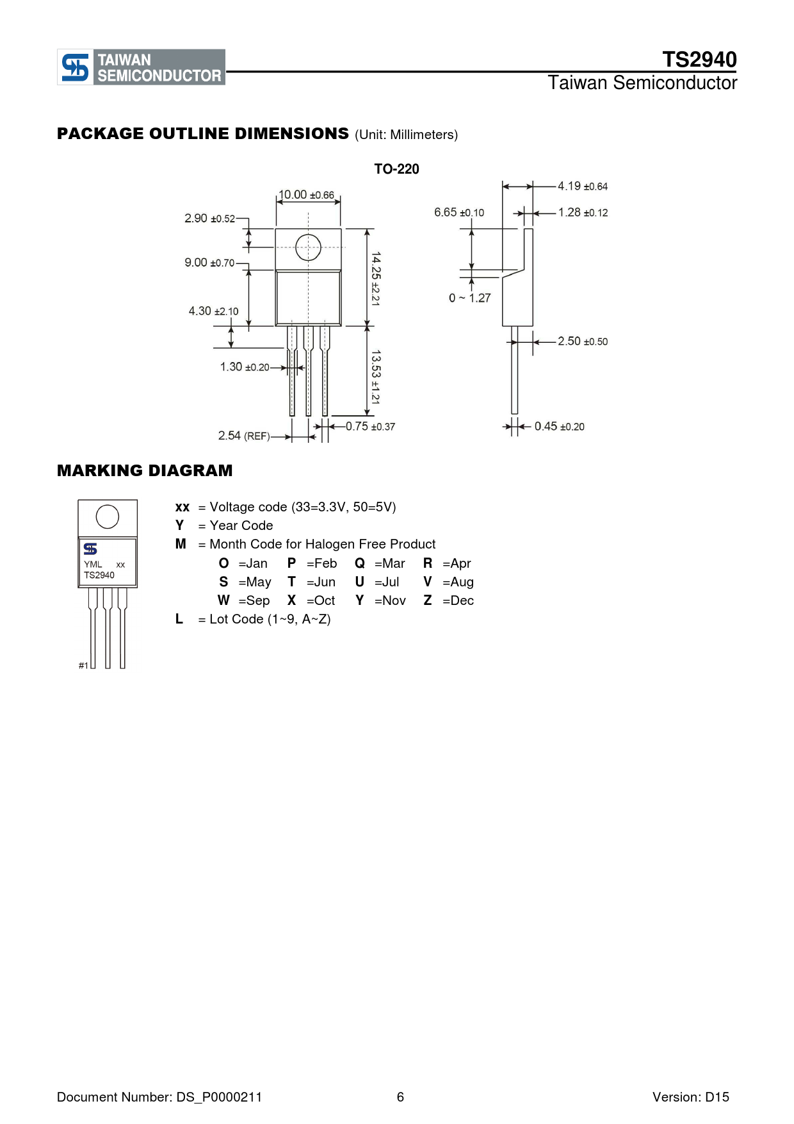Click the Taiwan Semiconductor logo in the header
(x=142, y=67)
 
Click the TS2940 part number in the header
(x=699, y=60)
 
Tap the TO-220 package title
(x=396, y=169)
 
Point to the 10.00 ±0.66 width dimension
(x=306, y=195)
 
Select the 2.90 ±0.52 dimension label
(x=210, y=219)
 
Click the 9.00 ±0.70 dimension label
(x=209, y=263)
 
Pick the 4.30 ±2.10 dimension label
(x=213, y=311)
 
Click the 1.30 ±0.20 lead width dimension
(x=245, y=367)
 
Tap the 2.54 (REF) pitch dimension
(x=244, y=436)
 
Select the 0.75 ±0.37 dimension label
(x=370, y=427)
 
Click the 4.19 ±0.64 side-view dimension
(x=583, y=186)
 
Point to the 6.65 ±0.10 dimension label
(x=459, y=213)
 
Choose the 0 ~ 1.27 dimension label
(x=470, y=298)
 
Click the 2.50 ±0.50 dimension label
(x=583, y=342)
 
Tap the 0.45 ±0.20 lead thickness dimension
(x=560, y=427)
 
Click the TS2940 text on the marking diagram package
(x=99, y=575)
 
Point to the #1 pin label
(x=83, y=666)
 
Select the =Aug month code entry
(x=458, y=583)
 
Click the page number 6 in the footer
(x=400, y=1097)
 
